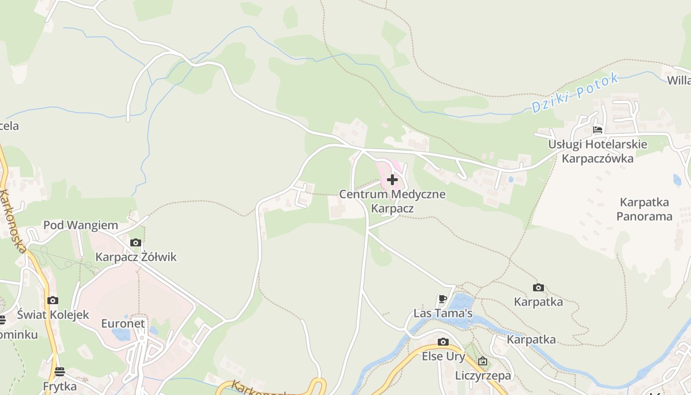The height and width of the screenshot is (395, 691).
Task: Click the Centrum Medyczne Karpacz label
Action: pyautogui.click(x=392, y=201)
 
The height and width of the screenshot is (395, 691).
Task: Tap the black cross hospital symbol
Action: pyautogui.click(x=392, y=180)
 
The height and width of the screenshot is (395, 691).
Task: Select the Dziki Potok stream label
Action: pyautogui.click(x=575, y=93)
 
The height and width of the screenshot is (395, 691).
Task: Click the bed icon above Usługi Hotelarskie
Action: pyautogui.click(x=598, y=130)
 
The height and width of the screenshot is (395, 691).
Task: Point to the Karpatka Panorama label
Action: pyautogui.click(x=644, y=209)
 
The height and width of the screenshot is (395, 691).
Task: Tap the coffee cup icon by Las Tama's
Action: pyautogui.click(x=443, y=299)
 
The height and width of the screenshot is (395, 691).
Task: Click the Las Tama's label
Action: pyautogui.click(x=443, y=313)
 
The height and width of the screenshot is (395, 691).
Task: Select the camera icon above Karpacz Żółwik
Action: pyautogui.click(x=136, y=242)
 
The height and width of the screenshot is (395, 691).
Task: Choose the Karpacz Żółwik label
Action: pyautogui.click(x=136, y=257)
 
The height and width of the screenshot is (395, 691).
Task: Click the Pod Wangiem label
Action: pyautogui.click(x=80, y=225)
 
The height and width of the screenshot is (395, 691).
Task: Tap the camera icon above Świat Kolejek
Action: pyautogui.click(x=53, y=300)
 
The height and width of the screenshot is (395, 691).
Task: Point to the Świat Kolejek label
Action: pyautogui.click(x=53, y=315)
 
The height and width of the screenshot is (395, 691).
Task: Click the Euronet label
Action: pyautogui.click(x=123, y=323)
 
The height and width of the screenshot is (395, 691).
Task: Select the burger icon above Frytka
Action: pyautogui.click(x=60, y=371)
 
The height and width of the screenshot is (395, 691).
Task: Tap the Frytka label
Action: pyautogui.click(x=60, y=386)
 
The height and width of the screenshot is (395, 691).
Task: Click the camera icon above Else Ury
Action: pyautogui.click(x=443, y=342)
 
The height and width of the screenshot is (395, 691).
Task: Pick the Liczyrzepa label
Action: pyautogui.click(x=483, y=375)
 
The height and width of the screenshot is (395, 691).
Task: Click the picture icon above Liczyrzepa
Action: pyautogui.click(x=483, y=361)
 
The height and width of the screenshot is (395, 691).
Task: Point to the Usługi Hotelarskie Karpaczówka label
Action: pyautogui.click(x=598, y=151)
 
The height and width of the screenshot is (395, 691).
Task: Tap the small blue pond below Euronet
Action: pyautogui.click(x=121, y=334)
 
